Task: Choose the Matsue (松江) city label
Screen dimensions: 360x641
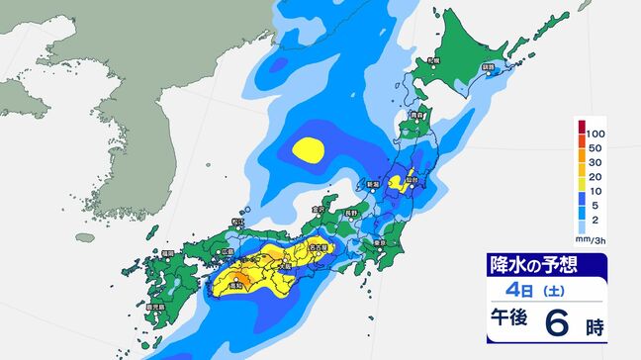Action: (x=235, y=222)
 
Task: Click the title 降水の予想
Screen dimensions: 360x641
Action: (x=533, y=265)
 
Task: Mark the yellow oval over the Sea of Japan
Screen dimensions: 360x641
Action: (x=309, y=150)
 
